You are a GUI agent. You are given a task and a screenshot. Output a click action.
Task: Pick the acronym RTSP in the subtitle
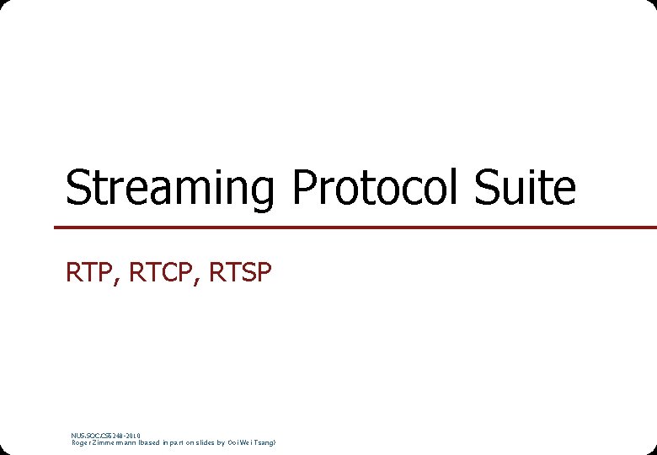click(x=239, y=273)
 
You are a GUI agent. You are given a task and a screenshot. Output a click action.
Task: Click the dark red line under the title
click(x=354, y=227)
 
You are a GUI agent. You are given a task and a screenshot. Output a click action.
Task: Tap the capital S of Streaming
click(x=77, y=188)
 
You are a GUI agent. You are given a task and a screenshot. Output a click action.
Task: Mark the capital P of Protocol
click(x=302, y=188)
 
